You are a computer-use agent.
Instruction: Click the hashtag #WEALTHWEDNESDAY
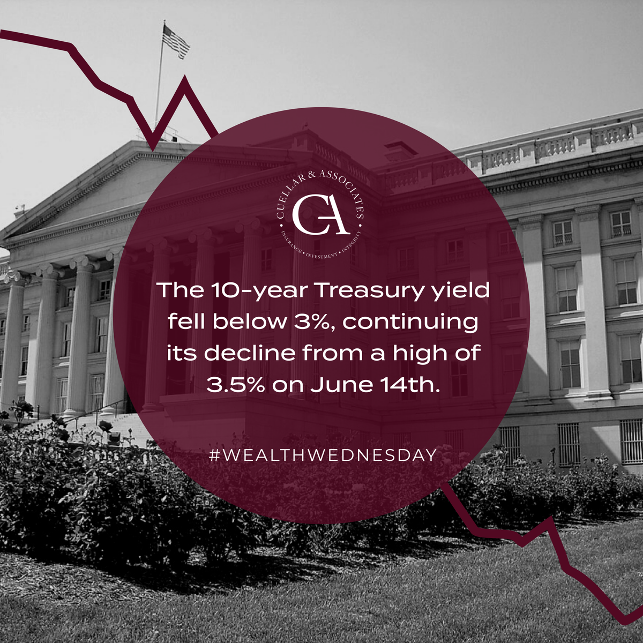point(322,456)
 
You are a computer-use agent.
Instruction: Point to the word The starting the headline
point(174,291)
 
